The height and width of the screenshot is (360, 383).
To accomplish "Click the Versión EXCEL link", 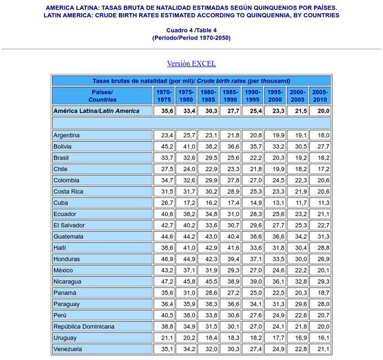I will tap(191, 64).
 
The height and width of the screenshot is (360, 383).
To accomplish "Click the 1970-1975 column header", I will tap(164, 96).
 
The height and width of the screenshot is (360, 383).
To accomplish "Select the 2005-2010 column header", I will tap(319, 96).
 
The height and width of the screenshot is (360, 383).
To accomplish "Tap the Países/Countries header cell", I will tap(102, 96).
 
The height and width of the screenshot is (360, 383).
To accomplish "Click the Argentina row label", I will tap(67, 136).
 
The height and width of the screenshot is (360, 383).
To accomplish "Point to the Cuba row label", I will tap(61, 203).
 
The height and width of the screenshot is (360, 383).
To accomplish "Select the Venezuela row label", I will tap(67, 349).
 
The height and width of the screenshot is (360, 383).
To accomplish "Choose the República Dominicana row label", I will tap(83, 326).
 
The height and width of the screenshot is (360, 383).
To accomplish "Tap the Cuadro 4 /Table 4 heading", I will tap(191, 30).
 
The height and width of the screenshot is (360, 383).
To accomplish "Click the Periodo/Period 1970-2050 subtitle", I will tap(191, 38).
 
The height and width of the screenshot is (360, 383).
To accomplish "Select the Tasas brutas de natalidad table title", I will tap(191, 81).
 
